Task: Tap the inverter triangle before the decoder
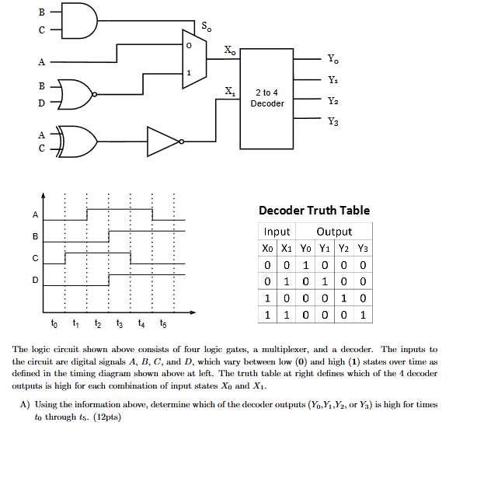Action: [164, 141]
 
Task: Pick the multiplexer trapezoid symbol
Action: [193, 59]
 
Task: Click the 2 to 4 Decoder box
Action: [267, 99]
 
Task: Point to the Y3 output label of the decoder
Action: [333, 121]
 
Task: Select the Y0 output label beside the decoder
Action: [333, 58]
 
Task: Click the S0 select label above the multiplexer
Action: [206, 27]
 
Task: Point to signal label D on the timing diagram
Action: [34, 280]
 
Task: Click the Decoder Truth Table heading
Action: [314, 211]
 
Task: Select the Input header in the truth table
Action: [277, 232]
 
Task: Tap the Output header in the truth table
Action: [334, 232]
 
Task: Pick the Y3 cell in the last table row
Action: [363, 316]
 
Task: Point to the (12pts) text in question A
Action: [109, 417]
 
